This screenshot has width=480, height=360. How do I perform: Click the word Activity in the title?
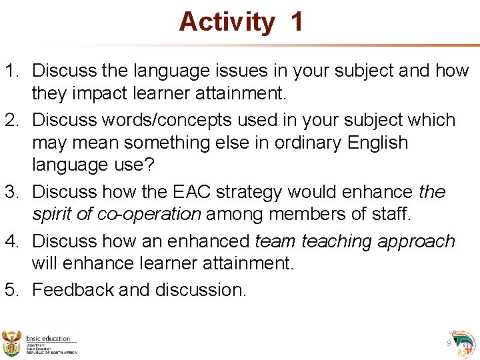[x=226, y=22]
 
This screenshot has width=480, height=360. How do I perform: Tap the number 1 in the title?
[x=297, y=22]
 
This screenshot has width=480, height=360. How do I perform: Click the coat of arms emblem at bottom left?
[x=12, y=343]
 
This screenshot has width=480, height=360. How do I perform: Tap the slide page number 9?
[x=449, y=343]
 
